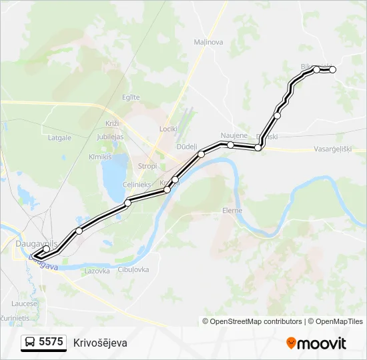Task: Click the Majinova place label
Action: (x=208, y=42)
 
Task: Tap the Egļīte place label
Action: (x=131, y=97)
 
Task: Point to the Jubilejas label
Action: (x=110, y=137)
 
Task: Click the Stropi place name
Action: (x=147, y=166)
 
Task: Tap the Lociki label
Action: (x=168, y=129)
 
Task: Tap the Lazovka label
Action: (x=97, y=271)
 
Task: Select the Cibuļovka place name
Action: (x=133, y=270)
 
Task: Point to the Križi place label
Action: (x=111, y=124)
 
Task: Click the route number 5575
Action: (x=51, y=342)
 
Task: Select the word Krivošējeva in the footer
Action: (x=100, y=343)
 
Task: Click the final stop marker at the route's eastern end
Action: (x=332, y=69)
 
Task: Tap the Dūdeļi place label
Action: (x=186, y=146)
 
